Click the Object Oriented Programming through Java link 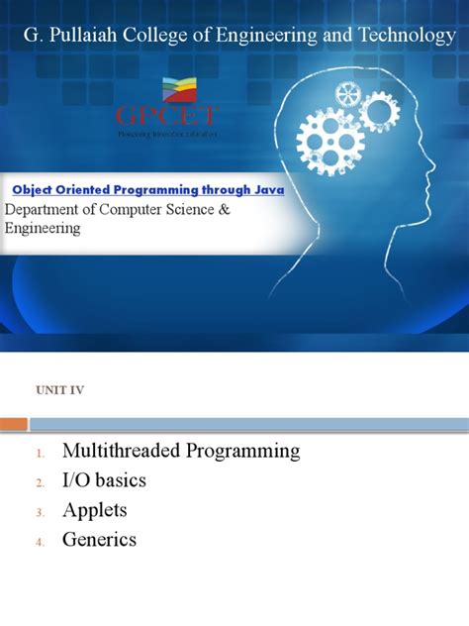point(147,189)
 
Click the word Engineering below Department point(43,229)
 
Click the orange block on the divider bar point(14,424)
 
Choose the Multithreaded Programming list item point(180,452)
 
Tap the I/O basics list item point(104,481)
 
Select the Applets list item point(94,511)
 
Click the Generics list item point(99,541)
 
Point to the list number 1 point(40,454)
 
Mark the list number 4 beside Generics point(40,543)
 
